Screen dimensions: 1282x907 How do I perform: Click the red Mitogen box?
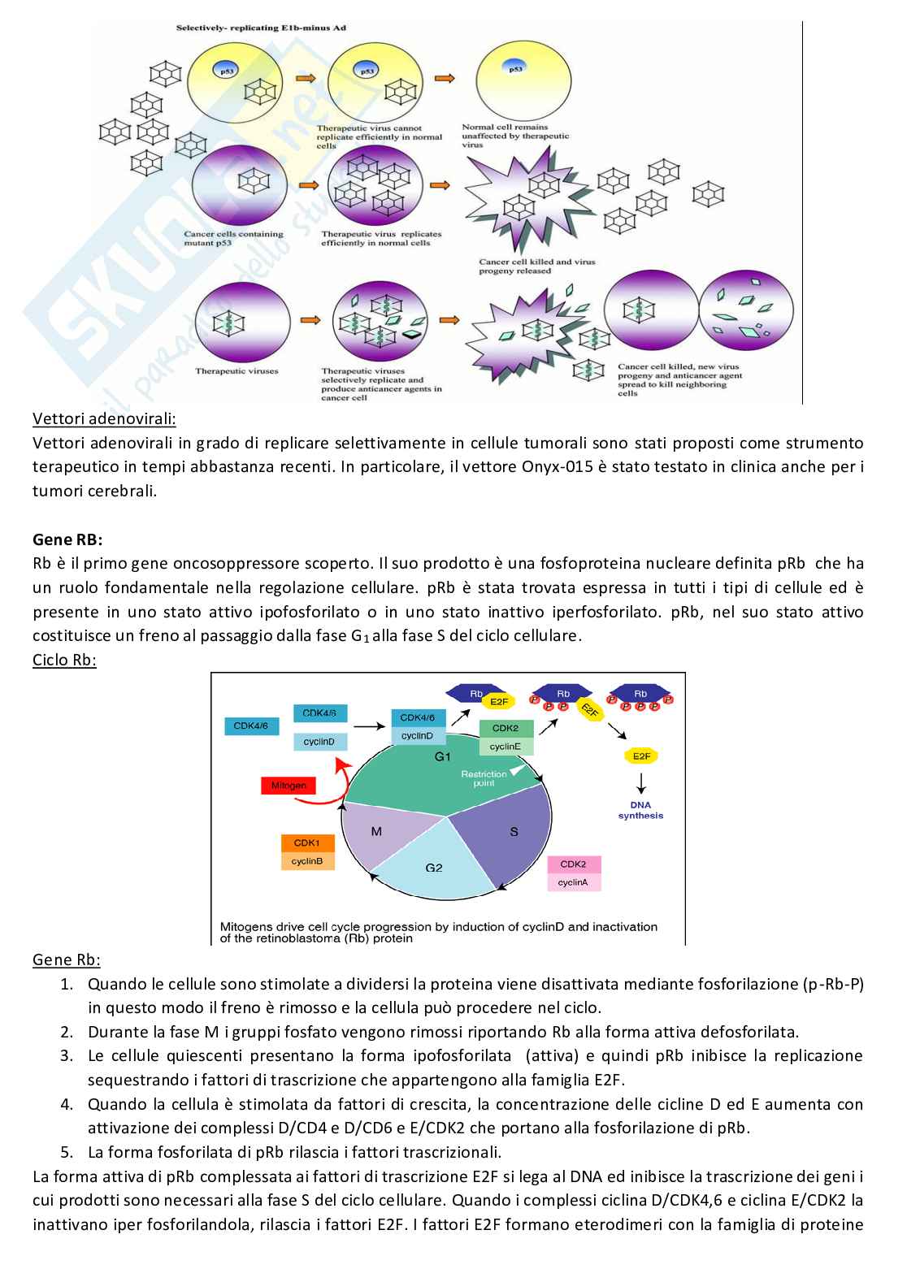click(289, 786)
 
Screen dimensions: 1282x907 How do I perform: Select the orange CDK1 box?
click(307, 843)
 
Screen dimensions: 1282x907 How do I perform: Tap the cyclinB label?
click(307, 861)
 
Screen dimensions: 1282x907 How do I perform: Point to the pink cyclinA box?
click(574, 882)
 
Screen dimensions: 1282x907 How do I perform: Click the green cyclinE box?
click(506, 747)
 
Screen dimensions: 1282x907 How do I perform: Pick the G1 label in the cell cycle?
click(442, 756)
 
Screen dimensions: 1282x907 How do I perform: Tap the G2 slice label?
click(434, 868)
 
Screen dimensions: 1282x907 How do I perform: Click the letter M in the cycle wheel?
click(376, 831)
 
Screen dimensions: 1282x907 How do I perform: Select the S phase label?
click(514, 831)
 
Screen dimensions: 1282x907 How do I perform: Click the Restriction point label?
click(484, 778)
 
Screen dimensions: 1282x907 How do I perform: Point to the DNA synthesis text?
click(640, 810)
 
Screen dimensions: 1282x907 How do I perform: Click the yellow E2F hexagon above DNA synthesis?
click(640, 756)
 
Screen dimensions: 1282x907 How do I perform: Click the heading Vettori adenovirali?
click(104, 419)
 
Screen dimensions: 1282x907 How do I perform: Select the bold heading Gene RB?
click(67, 539)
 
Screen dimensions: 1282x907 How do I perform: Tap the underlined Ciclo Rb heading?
click(64, 660)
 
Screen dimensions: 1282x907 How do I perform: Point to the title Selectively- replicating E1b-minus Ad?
click(261, 28)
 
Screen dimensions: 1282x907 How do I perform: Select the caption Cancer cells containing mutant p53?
click(233, 238)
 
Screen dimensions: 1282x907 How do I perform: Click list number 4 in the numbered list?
click(67, 1104)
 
